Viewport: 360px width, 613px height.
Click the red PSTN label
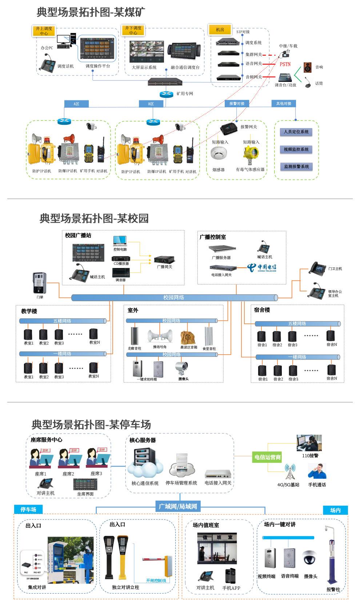point(285,64)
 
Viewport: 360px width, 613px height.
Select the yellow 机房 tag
point(220,30)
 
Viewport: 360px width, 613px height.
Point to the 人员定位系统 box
point(296,132)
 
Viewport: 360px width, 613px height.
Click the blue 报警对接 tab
point(237,104)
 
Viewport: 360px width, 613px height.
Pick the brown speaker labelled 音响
point(307,67)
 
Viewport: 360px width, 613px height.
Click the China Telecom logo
point(262,267)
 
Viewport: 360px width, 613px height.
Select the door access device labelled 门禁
point(39,283)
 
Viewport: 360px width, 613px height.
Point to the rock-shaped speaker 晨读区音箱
point(188,337)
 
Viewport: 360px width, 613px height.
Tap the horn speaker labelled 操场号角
point(160,336)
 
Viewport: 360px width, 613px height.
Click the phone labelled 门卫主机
point(317,268)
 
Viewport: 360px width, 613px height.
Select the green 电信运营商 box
point(267,457)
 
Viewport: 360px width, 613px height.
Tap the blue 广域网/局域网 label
point(178,506)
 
